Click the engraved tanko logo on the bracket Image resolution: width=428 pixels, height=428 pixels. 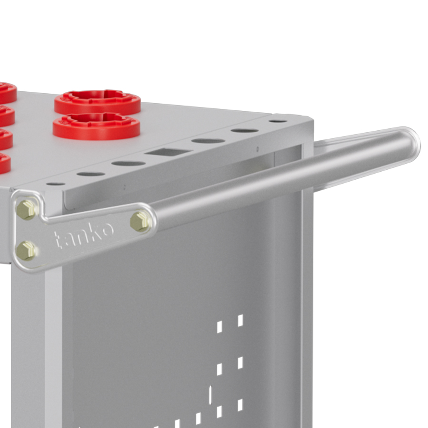(x=84, y=235)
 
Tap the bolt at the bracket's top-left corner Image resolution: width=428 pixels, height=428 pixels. (x=27, y=210)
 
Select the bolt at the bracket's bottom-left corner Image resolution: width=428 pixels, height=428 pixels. (x=26, y=251)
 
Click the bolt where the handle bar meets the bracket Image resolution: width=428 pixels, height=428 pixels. (x=141, y=221)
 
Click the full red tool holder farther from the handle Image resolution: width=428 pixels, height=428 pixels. (x=97, y=101)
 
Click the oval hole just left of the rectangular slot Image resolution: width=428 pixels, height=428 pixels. (x=128, y=164)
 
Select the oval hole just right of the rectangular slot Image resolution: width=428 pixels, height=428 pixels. (x=208, y=141)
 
